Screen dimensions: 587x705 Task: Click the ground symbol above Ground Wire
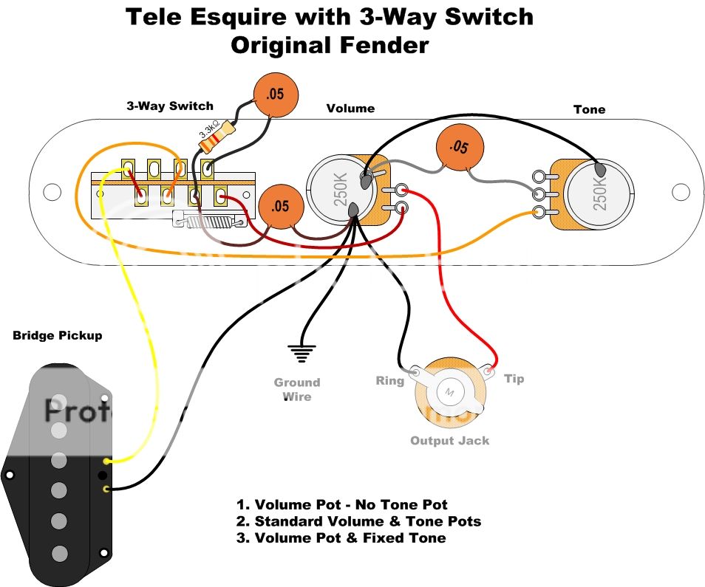coord(300,354)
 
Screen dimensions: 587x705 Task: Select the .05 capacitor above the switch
coord(276,94)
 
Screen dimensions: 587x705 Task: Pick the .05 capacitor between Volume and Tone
coord(459,148)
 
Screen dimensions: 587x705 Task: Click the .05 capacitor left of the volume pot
coord(281,206)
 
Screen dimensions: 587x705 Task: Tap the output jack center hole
coord(449,391)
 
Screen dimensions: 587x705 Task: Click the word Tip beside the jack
coord(514,379)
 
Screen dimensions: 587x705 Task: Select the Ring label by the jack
coord(390,381)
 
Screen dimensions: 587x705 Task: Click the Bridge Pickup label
coord(58,336)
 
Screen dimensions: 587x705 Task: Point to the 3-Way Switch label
coord(169,106)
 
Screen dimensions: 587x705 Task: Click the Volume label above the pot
coord(350,109)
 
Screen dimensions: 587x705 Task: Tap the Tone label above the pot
coord(589,109)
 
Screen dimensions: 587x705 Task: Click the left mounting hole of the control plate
coord(51,192)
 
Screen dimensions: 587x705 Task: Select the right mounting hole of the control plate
coord(680,192)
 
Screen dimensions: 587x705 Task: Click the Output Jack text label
coord(449,441)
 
